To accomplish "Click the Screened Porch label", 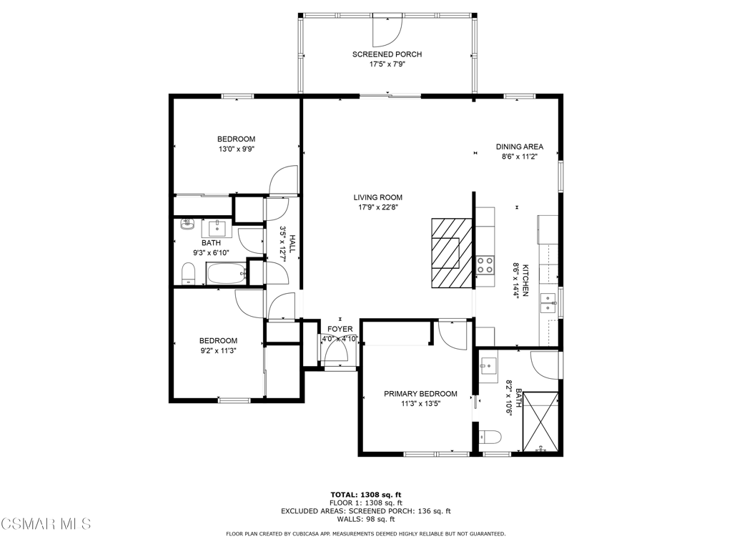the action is click(387, 54).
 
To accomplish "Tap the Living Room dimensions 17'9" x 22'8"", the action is click(377, 207).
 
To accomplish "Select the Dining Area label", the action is click(520, 147).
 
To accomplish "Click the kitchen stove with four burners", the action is click(485, 264).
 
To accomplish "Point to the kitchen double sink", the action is click(548, 303).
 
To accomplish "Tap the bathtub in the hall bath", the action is click(227, 273).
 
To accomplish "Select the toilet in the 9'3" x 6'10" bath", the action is click(188, 273).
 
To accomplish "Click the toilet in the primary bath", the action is click(490, 437).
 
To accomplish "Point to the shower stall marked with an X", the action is click(540, 422).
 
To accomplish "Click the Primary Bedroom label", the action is click(420, 394).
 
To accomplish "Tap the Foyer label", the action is click(340, 329).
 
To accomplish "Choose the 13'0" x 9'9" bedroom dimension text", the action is click(236, 149).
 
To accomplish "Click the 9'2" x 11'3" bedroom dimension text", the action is click(218, 351).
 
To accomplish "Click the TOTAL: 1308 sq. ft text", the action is click(366, 495).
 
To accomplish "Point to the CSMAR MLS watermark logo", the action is click(46, 523).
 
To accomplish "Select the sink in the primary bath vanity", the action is click(488, 366).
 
